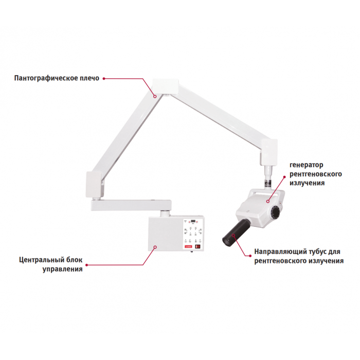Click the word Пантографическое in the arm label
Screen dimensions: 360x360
[46, 78]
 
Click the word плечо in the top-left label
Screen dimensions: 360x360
[89, 78]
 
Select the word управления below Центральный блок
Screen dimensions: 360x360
[62, 269]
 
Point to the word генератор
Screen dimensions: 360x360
[307, 165]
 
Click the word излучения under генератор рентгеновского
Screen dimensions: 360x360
[307, 183]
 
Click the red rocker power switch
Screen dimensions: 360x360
[197, 247]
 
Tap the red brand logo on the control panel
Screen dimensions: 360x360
[188, 246]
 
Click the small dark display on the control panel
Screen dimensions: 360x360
[193, 221]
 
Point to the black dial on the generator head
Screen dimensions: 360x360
[275, 212]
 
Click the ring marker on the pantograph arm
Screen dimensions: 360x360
[155, 97]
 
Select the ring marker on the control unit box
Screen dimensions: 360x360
[155, 247]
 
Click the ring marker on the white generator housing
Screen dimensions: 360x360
[268, 202]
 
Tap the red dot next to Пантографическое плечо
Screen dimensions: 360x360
[104, 78]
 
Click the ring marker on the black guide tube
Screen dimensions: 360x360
[233, 235]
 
